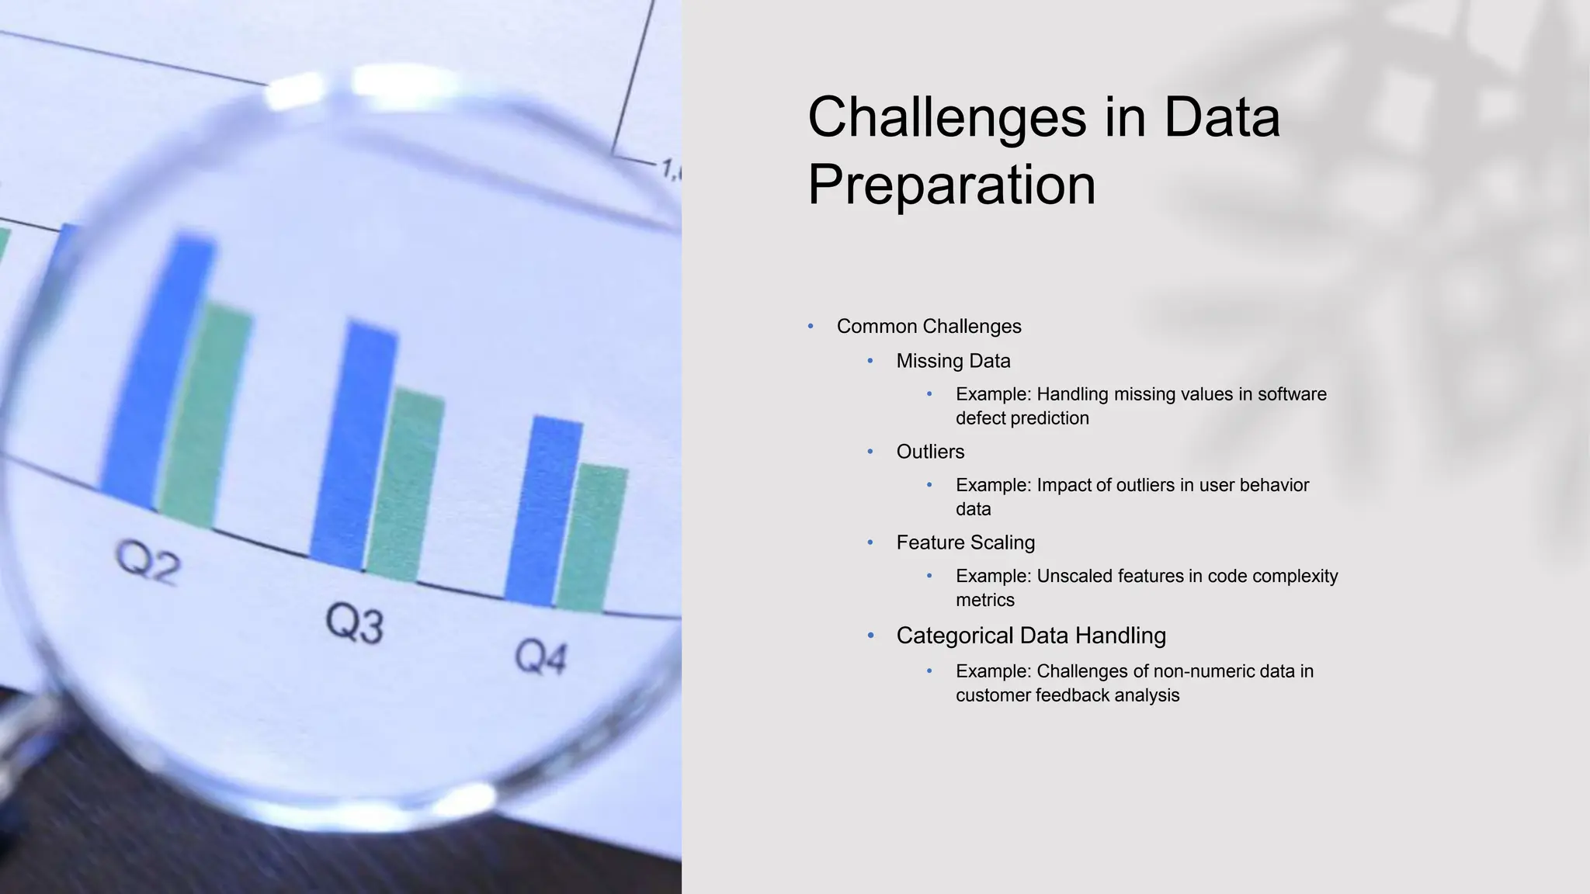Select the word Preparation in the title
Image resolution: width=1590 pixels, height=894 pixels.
(x=951, y=185)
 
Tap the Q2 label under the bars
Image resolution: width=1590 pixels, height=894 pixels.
(x=148, y=562)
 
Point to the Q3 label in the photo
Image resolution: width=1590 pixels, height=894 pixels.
(x=354, y=623)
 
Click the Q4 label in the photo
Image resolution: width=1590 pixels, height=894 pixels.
(x=541, y=657)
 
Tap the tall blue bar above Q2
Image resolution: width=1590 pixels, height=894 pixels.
(x=159, y=372)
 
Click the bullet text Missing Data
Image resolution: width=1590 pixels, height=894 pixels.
(x=953, y=361)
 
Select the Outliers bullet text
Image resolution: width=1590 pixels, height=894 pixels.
(x=930, y=452)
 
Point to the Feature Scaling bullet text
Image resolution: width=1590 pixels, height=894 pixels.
(x=965, y=542)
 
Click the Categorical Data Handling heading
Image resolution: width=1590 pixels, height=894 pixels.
(x=1031, y=636)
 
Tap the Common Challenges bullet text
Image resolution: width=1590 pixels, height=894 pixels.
(x=929, y=327)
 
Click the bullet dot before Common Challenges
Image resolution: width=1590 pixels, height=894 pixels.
(x=811, y=327)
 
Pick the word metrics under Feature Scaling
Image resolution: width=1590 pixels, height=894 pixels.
(x=985, y=600)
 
